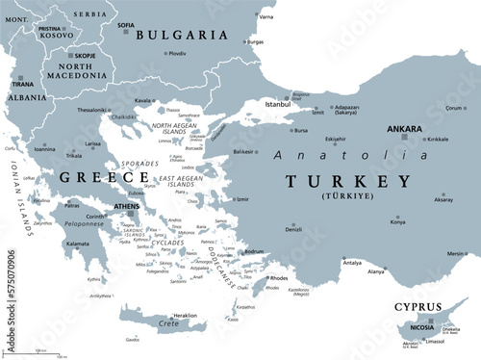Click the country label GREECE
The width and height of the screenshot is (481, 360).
91,177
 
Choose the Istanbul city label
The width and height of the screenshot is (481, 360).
278,102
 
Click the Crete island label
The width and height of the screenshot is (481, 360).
170,324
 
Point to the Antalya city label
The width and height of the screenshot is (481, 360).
326,263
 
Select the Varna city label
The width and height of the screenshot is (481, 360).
266,17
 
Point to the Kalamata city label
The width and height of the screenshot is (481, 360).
76,244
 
